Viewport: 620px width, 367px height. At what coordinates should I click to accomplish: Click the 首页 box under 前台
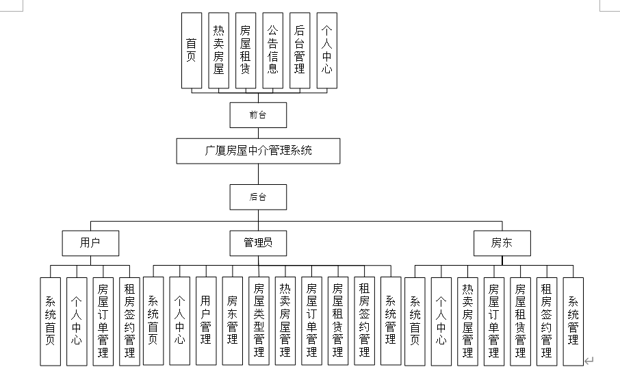tap(192, 50)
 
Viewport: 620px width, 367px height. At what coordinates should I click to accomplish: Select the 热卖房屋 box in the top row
tap(218, 50)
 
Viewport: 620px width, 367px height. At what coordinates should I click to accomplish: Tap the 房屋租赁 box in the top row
tap(246, 50)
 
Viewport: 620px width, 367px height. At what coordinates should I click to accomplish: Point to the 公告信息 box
tap(272, 50)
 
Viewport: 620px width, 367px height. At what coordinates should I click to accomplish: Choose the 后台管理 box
tap(300, 50)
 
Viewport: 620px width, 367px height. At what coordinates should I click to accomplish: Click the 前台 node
tap(258, 114)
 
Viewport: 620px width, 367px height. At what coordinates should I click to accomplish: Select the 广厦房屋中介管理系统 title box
tap(258, 151)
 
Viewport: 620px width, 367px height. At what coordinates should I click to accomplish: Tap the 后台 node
tap(258, 197)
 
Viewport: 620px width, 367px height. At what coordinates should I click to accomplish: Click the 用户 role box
tap(90, 242)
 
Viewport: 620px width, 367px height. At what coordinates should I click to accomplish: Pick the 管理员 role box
tap(258, 242)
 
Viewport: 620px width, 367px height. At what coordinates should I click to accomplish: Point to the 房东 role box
tap(502, 242)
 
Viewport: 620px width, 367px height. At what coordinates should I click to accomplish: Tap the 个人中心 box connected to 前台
tap(326, 50)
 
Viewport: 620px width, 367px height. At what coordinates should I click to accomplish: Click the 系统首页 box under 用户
tap(50, 321)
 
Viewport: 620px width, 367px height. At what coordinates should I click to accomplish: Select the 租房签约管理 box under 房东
tap(546, 321)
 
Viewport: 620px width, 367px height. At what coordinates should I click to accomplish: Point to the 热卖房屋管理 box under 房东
tap(467, 321)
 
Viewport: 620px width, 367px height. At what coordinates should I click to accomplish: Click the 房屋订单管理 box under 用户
tap(103, 321)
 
